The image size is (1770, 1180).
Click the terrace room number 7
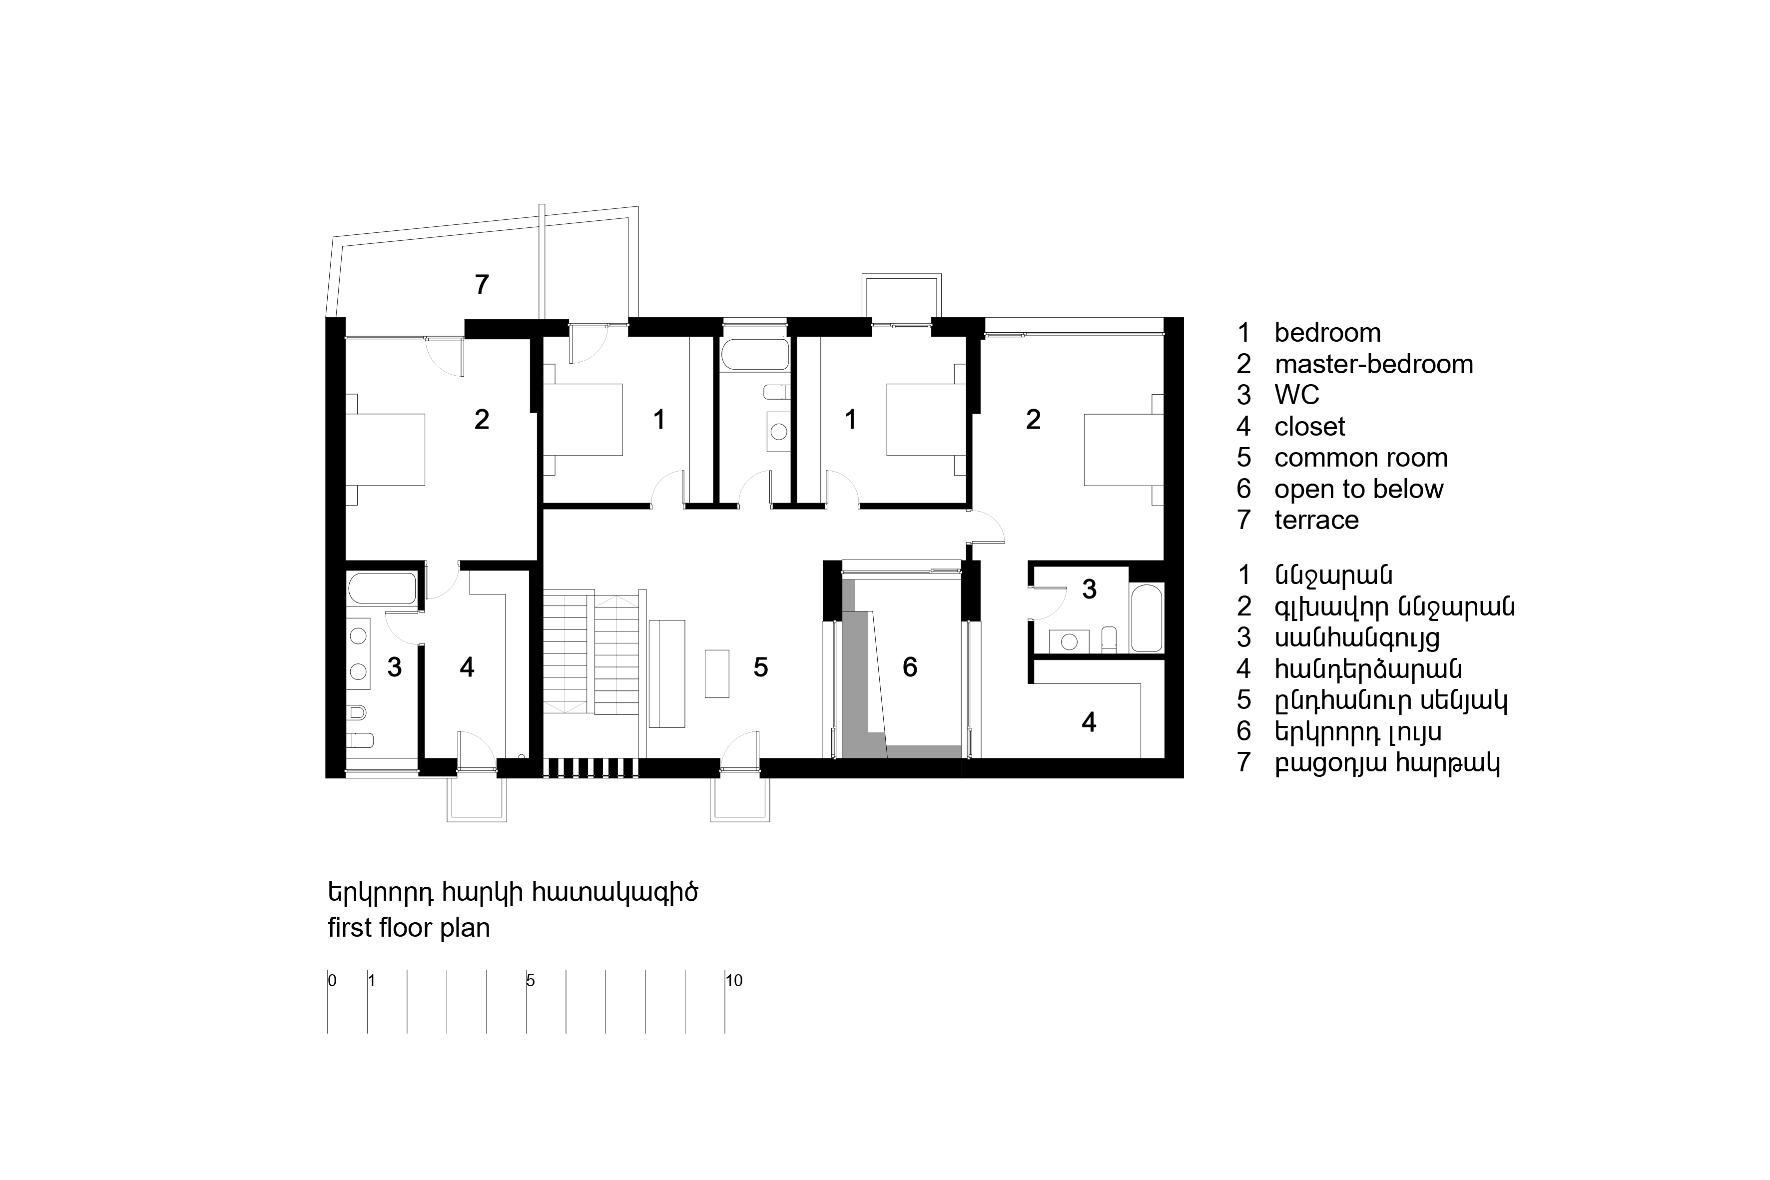(x=482, y=284)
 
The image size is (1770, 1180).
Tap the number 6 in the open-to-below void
(x=910, y=667)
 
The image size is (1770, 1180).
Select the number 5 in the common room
(x=761, y=667)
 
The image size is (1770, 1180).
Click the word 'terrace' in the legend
(x=1316, y=520)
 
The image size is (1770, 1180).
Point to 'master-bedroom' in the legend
(x=1373, y=364)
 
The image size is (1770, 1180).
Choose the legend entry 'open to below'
(x=1358, y=489)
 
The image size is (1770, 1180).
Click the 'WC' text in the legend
(x=1296, y=395)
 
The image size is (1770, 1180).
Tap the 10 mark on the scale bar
(x=734, y=981)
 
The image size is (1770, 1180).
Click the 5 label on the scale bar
(x=531, y=981)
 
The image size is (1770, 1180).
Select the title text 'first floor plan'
(x=409, y=927)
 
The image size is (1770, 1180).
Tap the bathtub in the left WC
(x=382, y=589)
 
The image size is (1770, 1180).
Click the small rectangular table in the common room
(x=716, y=673)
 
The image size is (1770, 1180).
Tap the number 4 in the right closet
(x=1089, y=722)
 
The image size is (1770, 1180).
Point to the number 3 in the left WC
(x=394, y=667)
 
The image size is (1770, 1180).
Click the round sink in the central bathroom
(x=779, y=432)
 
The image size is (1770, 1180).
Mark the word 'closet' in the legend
(x=1309, y=427)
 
